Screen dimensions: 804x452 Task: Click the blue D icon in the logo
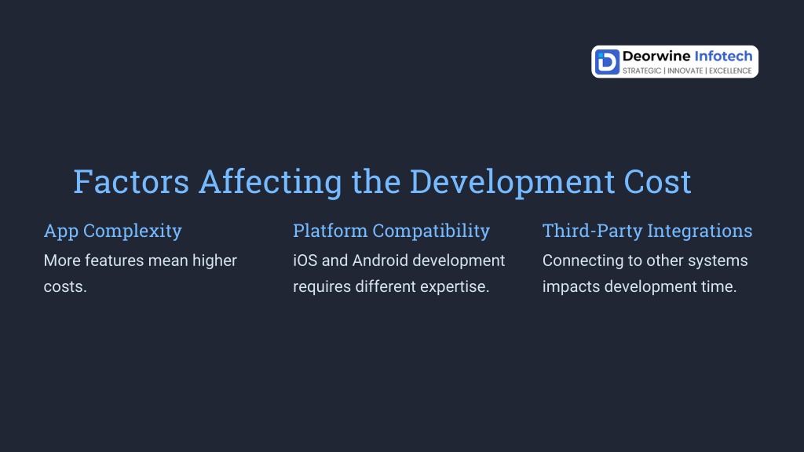pyautogui.click(x=607, y=62)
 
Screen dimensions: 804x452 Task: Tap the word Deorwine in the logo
pyautogui.click(x=656, y=56)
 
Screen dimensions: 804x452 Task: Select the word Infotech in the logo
pyautogui.click(x=723, y=56)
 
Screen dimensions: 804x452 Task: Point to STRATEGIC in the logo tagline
pyautogui.click(x=642, y=71)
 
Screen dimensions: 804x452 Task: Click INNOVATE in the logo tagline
pyautogui.click(x=685, y=71)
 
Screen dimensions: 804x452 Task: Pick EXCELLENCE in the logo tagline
pyautogui.click(x=731, y=71)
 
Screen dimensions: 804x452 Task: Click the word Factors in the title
pyautogui.click(x=131, y=181)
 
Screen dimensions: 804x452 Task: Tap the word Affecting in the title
pyautogui.click(x=270, y=182)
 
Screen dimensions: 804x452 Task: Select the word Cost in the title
pyautogui.click(x=657, y=181)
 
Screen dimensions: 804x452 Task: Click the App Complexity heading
pyautogui.click(x=113, y=231)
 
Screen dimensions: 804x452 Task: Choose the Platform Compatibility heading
pyautogui.click(x=391, y=231)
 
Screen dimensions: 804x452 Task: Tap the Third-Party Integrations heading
pyautogui.click(x=647, y=231)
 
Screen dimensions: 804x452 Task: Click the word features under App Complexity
pyautogui.click(x=115, y=261)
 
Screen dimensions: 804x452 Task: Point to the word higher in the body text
pyautogui.click(x=214, y=261)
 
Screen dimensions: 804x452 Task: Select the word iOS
pyautogui.click(x=305, y=261)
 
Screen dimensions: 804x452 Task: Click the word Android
pyautogui.click(x=380, y=261)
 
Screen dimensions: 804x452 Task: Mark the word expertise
pyautogui.click(x=455, y=287)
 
